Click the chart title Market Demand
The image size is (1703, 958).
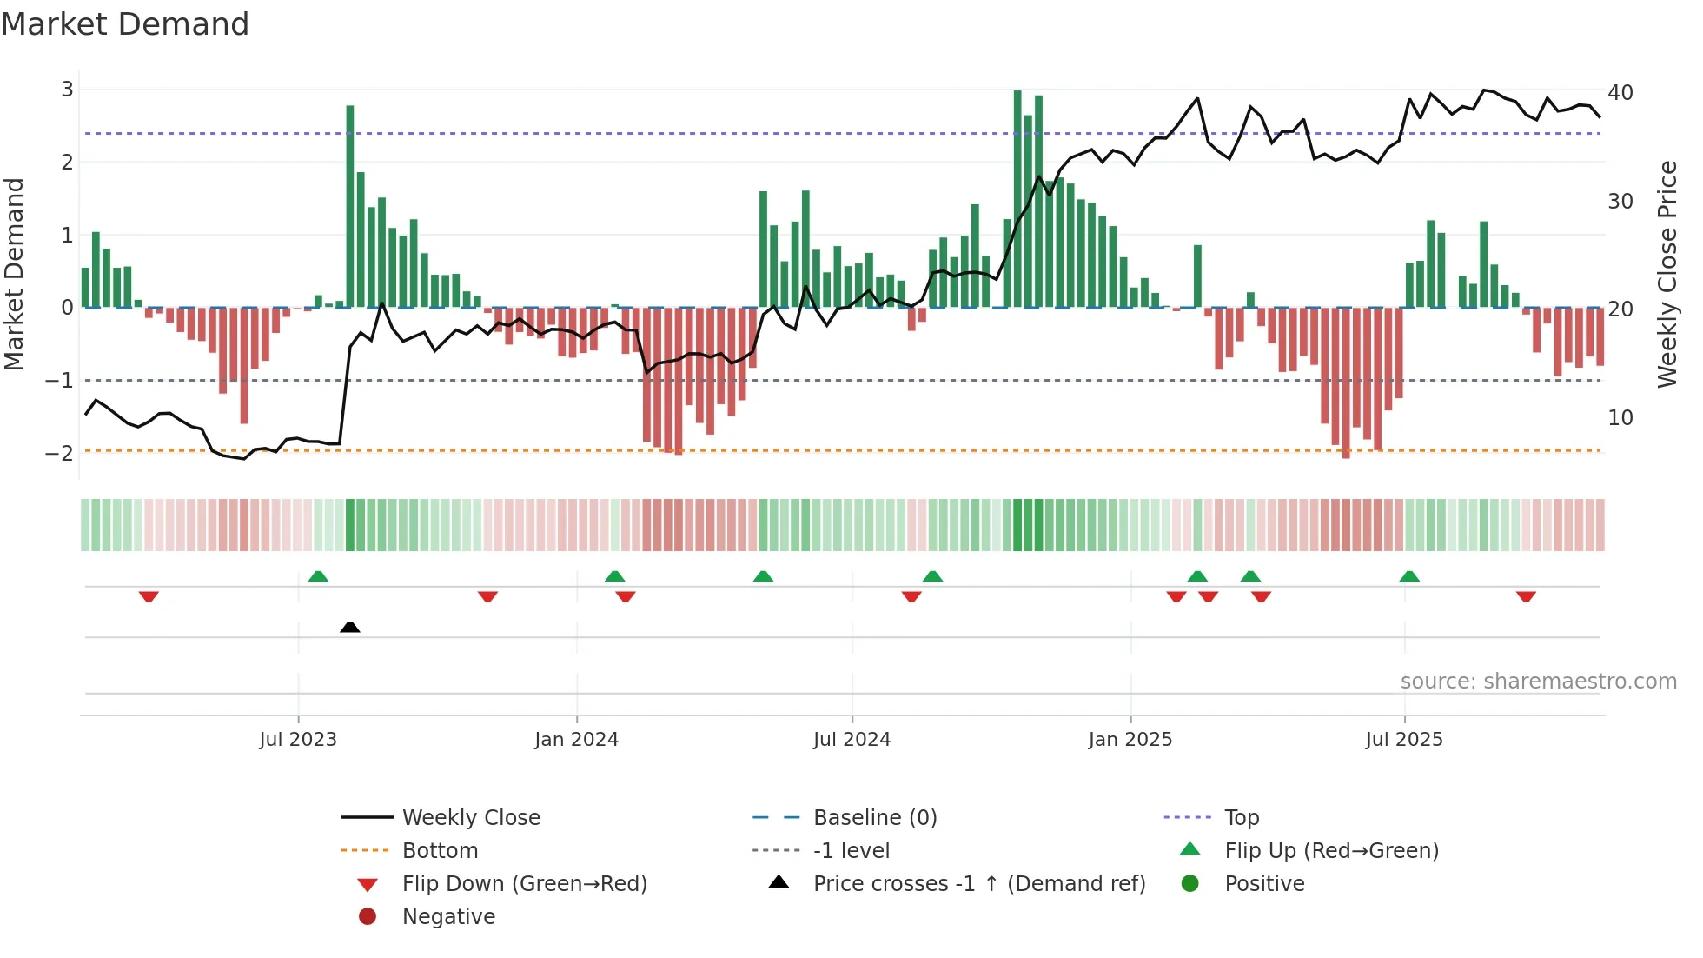click(125, 23)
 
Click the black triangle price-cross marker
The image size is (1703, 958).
click(350, 627)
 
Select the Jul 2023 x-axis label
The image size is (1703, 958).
click(298, 740)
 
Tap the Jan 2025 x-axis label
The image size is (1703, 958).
click(1130, 740)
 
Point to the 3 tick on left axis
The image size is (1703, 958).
click(67, 89)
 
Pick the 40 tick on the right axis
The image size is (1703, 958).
click(1620, 92)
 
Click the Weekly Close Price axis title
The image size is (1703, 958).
click(1667, 274)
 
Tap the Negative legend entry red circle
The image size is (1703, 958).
click(368, 916)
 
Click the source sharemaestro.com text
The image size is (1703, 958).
click(1538, 681)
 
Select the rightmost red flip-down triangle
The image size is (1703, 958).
click(1526, 596)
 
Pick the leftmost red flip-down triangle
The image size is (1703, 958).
click(149, 596)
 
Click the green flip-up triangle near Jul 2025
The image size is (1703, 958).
click(1409, 576)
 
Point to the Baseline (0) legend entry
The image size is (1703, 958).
click(874, 817)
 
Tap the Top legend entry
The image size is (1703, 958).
click(1241, 817)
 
